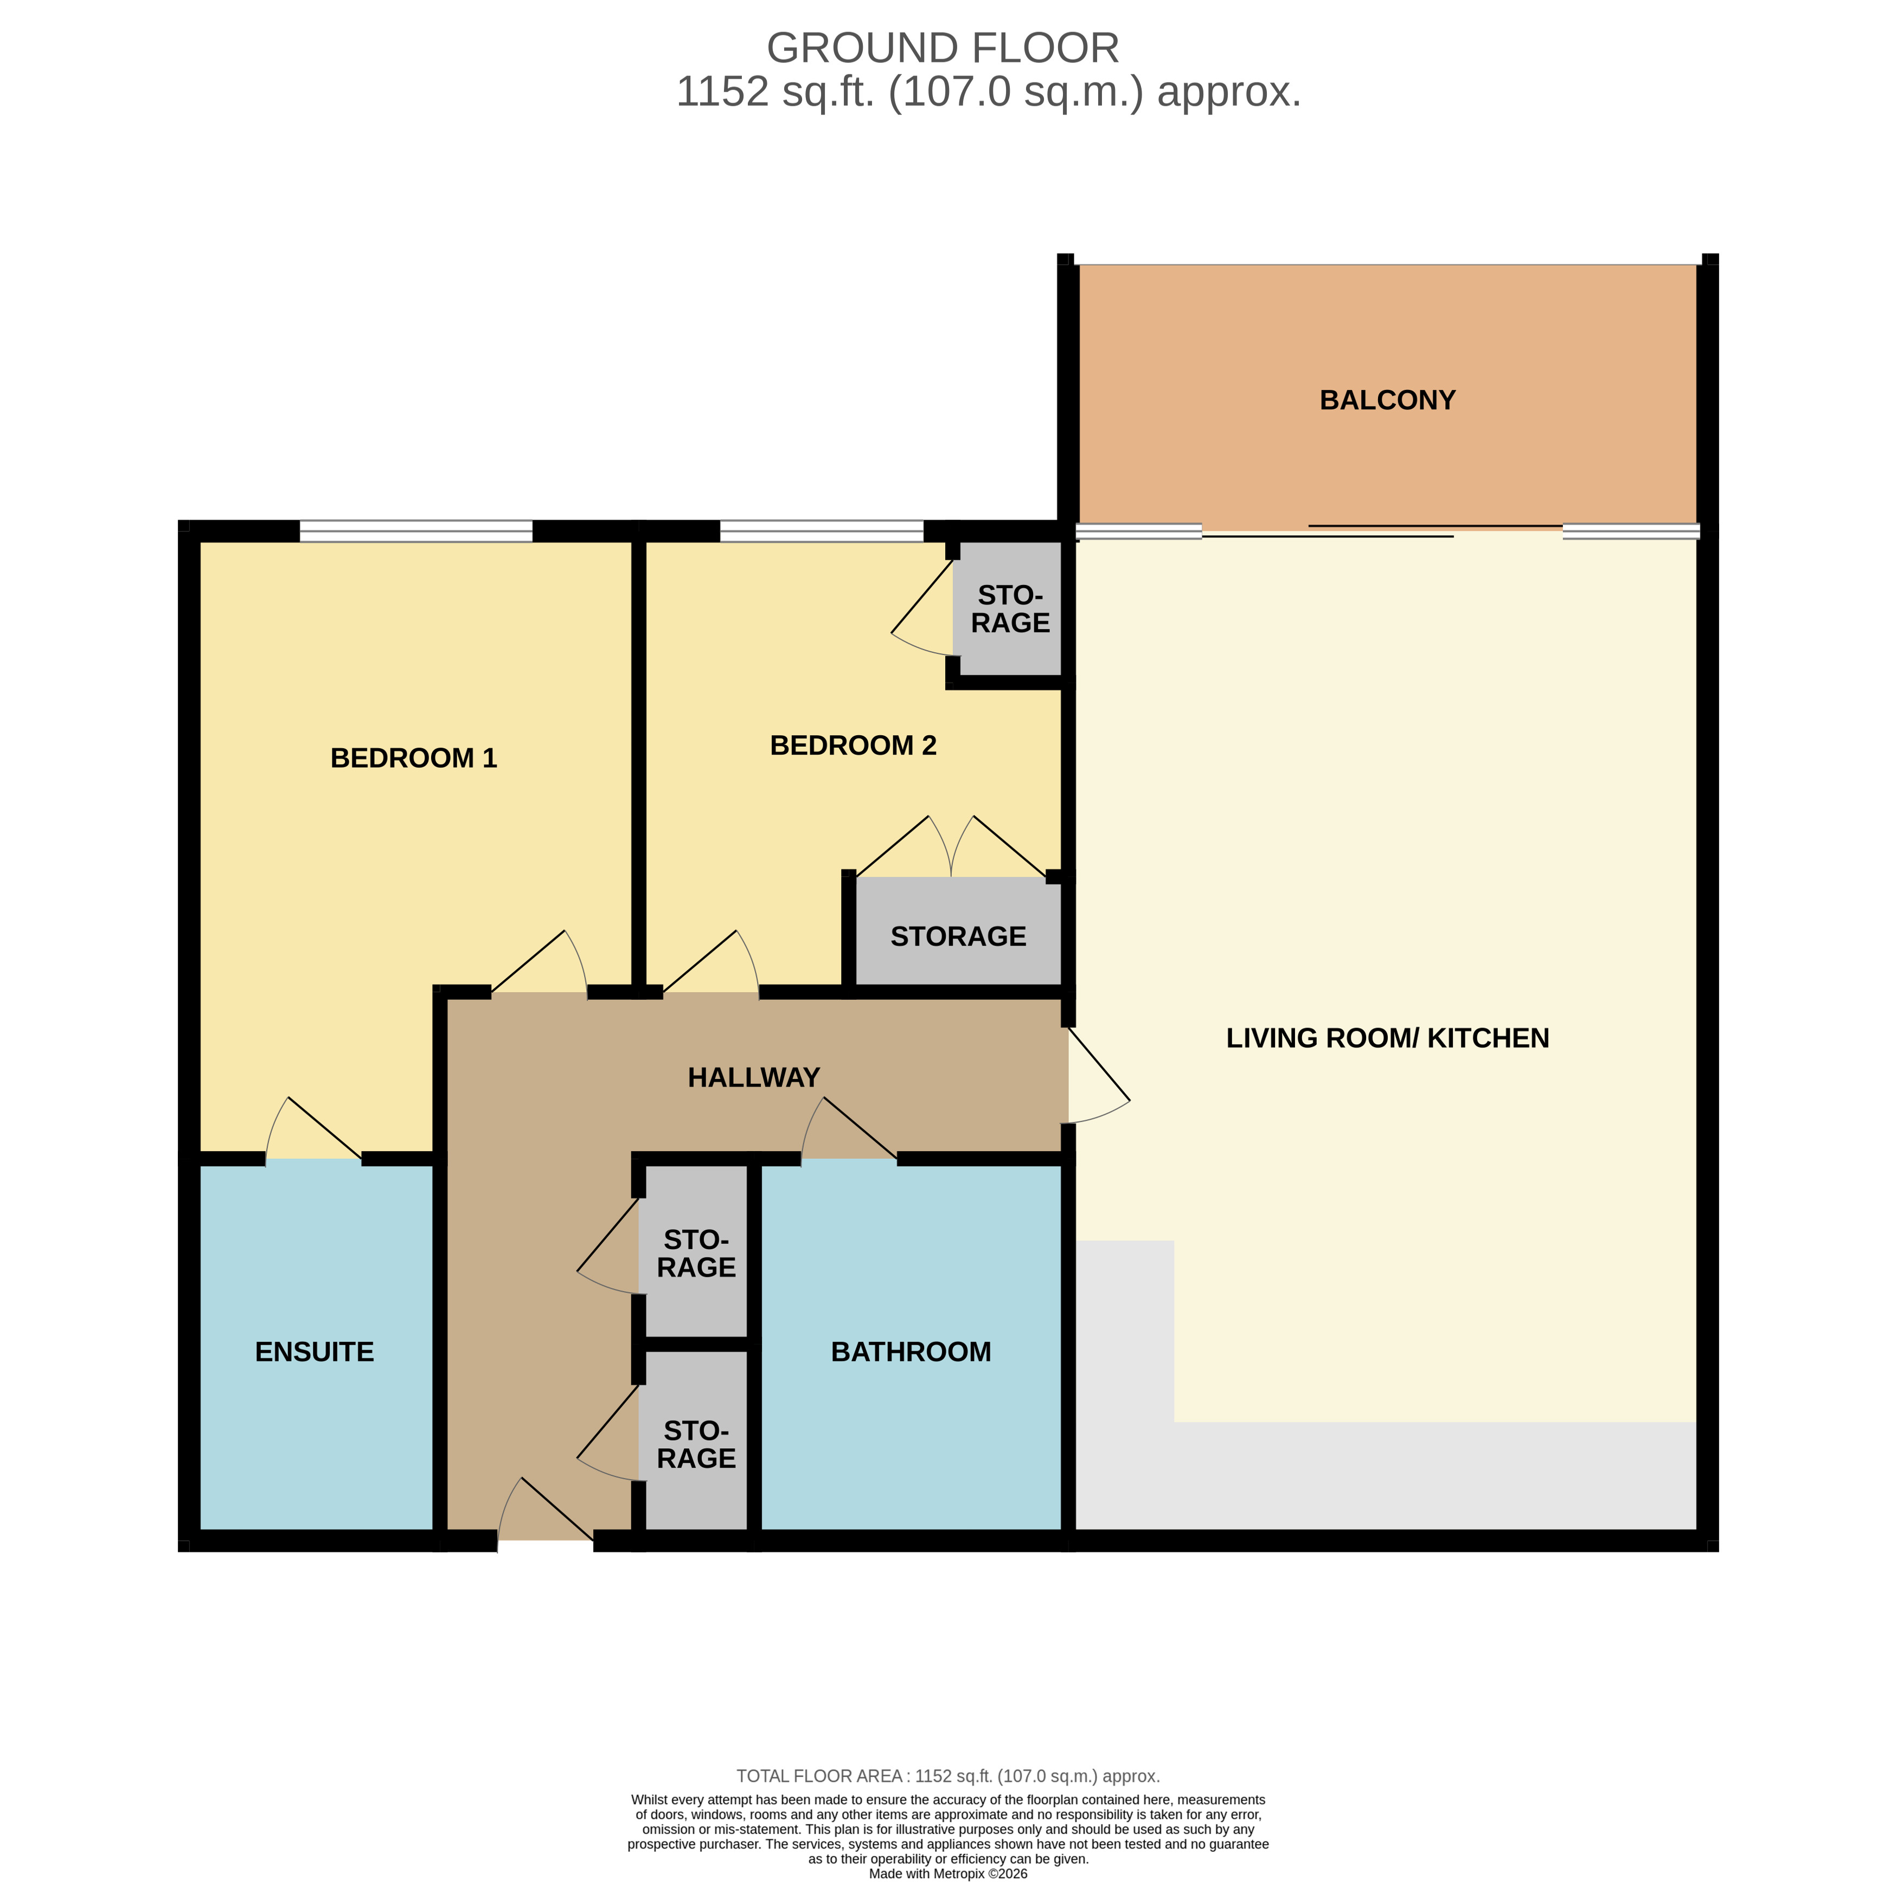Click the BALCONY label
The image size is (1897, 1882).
(1387, 401)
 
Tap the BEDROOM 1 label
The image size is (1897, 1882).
(413, 758)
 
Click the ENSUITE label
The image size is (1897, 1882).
(314, 1352)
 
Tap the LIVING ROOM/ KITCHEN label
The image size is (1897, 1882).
(1387, 1038)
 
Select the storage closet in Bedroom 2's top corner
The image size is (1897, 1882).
(1009, 609)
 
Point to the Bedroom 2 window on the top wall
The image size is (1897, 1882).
(821, 532)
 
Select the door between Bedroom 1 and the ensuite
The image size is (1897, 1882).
(314, 1129)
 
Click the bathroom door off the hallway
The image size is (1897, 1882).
(849, 1129)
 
